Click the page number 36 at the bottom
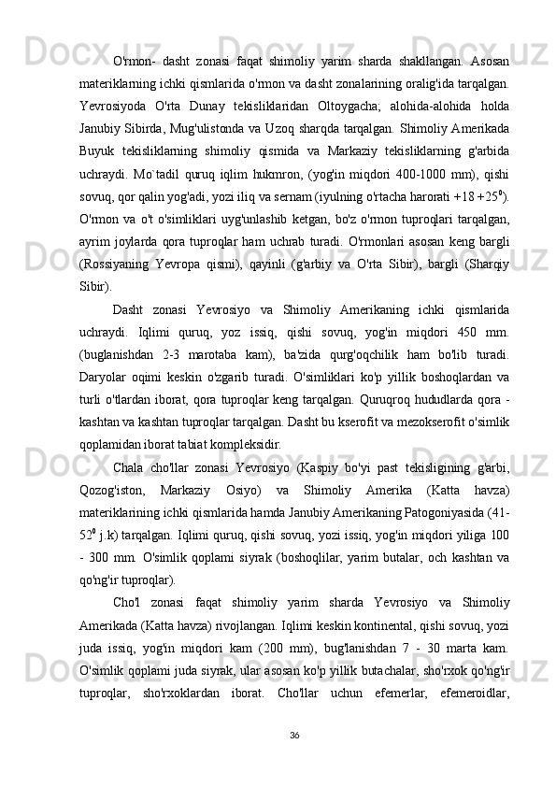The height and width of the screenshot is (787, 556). click(295, 735)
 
